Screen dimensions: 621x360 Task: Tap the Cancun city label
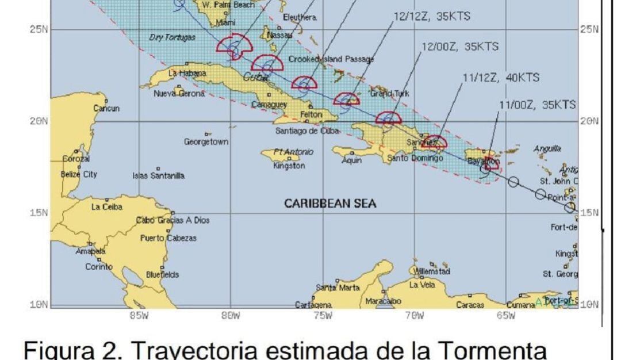[x=106, y=108]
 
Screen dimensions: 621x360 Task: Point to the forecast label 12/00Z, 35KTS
[x=460, y=47]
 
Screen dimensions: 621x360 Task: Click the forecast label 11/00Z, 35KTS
[x=537, y=104]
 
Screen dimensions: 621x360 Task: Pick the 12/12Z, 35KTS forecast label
[x=432, y=17]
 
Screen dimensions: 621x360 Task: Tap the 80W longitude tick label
[x=230, y=315]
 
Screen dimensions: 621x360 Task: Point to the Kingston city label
[x=289, y=166]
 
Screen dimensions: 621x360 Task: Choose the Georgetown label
[x=206, y=141]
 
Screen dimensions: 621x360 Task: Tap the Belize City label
[x=79, y=174]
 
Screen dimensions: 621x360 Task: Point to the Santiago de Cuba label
[x=308, y=130]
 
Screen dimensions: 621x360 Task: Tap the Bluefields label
[x=163, y=275]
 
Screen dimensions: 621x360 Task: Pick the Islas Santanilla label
[x=159, y=176]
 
